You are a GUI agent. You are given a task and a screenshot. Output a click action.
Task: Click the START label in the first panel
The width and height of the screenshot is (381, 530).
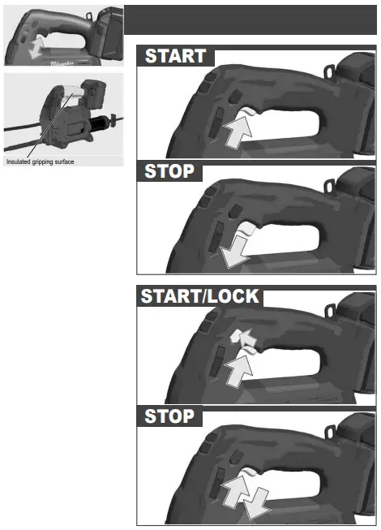tap(175, 57)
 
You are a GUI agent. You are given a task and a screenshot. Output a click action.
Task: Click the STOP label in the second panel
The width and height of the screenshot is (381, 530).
tap(169, 172)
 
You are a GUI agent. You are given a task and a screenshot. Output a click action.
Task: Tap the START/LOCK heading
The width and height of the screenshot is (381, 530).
tap(200, 296)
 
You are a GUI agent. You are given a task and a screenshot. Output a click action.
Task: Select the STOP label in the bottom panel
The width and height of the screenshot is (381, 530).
tap(169, 416)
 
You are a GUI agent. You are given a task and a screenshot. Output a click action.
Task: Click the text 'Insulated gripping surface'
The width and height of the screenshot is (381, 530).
tap(41, 162)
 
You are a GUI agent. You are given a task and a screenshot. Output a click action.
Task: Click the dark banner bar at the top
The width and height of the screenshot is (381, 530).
tap(250, 19)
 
